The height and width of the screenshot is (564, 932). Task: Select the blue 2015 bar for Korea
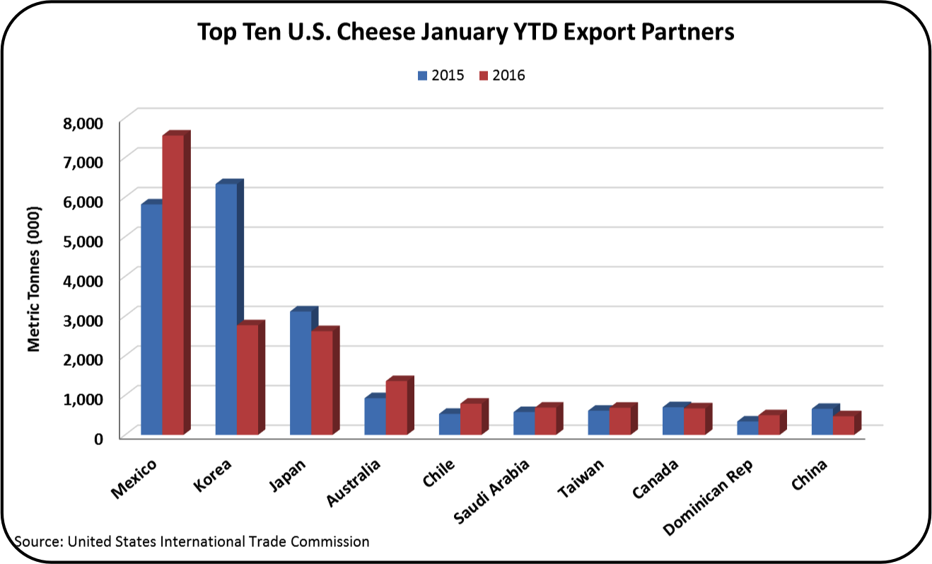click(x=226, y=309)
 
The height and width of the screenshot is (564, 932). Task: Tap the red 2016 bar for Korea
click(x=247, y=379)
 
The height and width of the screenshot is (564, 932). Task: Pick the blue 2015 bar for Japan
click(x=301, y=372)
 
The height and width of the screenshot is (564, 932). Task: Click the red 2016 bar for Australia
click(x=396, y=408)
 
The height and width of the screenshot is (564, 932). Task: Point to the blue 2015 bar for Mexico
click(x=152, y=318)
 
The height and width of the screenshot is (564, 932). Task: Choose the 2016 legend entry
click(x=502, y=75)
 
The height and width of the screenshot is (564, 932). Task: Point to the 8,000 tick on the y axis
click(x=84, y=122)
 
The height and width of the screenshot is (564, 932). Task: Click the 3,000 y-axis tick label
click(x=84, y=319)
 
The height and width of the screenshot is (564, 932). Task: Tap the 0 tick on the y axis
click(x=98, y=437)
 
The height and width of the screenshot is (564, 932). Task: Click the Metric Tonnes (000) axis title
click(x=34, y=279)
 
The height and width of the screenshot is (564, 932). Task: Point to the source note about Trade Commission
click(x=192, y=541)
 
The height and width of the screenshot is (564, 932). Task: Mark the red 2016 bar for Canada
click(x=694, y=421)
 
